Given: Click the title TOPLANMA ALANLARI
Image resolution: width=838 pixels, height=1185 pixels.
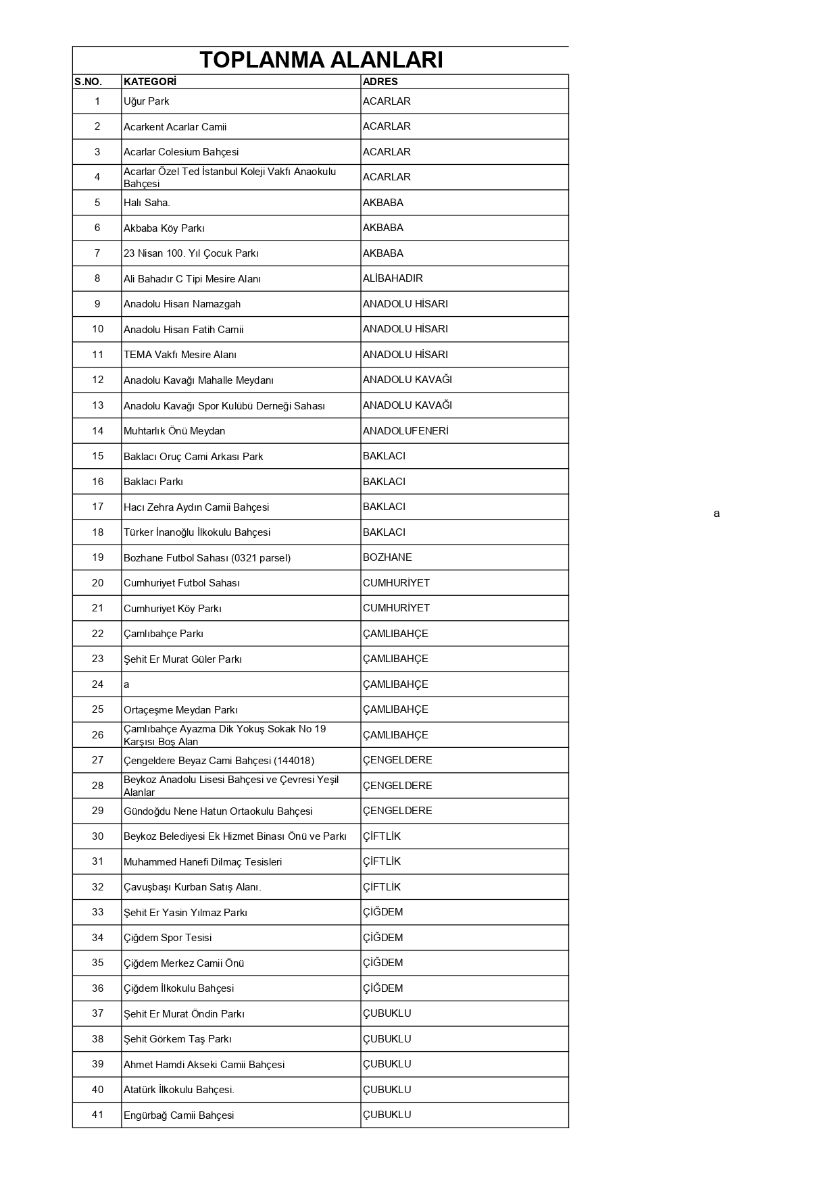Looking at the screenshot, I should point(321,60).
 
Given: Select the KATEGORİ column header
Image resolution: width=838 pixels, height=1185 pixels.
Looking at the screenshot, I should point(149,82).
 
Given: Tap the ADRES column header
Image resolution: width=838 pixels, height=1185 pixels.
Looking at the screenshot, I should point(380,82).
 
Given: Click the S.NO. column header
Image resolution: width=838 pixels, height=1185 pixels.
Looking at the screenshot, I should point(88,82).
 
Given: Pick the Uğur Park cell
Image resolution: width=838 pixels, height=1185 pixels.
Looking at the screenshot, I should point(146,101).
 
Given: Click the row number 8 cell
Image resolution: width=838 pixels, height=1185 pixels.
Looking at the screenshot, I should point(97,278).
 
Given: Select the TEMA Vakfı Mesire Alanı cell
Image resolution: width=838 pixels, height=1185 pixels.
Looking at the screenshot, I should point(180,355).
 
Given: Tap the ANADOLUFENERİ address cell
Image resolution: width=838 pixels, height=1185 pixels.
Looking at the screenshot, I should point(405,431).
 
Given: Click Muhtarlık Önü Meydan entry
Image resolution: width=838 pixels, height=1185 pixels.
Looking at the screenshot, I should point(174,431).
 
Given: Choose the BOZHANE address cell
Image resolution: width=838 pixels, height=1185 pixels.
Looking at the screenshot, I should point(387,557).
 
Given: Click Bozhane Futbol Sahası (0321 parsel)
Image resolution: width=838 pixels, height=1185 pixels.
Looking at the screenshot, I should point(207,558).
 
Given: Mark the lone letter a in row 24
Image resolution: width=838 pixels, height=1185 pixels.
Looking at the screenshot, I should point(126,684).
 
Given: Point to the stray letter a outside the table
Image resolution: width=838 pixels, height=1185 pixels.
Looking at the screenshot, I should point(716,513).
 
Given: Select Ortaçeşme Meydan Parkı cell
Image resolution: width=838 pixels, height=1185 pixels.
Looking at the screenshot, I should point(180,710).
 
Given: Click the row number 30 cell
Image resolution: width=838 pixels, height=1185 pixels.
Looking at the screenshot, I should point(97,836).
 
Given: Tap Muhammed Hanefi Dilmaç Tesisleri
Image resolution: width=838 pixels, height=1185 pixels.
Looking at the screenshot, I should point(203,862).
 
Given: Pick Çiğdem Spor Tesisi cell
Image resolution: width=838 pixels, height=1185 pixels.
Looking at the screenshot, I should point(168,938).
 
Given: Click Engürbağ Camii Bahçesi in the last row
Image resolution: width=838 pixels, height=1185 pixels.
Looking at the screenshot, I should point(178,1115).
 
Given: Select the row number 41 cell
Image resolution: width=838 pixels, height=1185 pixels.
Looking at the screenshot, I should point(97,1115).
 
